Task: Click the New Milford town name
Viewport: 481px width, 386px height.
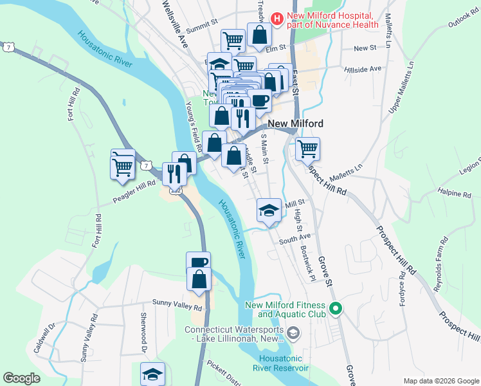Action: tap(295, 124)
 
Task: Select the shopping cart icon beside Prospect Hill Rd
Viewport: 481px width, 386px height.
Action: tap(308, 148)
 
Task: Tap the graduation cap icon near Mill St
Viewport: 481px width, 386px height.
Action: tap(269, 210)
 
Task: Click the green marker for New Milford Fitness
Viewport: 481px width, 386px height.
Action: tap(334, 309)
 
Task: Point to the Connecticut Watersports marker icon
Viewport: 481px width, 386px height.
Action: tap(293, 333)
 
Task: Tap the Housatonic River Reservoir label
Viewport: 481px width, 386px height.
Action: tap(284, 363)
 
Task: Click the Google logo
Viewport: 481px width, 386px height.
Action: tap(21, 378)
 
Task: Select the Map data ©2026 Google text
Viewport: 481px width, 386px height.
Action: tap(440, 381)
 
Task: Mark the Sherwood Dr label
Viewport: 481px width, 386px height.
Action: tap(143, 333)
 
